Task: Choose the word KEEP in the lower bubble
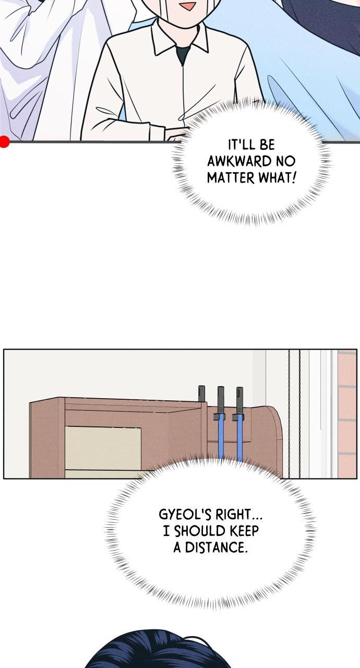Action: [x=244, y=531]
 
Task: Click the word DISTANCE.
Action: [x=217, y=547]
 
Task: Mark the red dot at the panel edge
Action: [x=4, y=141]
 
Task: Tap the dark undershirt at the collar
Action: [x=182, y=54]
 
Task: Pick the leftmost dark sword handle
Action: [x=201, y=393]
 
